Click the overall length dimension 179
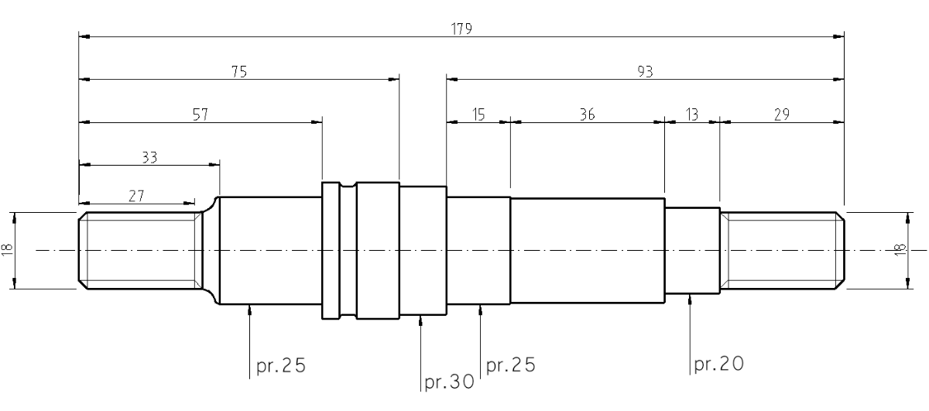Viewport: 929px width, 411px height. [x=461, y=29]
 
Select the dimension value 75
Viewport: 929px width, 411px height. [x=239, y=72]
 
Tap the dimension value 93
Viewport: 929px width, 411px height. [x=645, y=72]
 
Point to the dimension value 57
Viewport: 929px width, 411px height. [x=201, y=115]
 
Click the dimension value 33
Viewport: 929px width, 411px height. [x=149, y=158]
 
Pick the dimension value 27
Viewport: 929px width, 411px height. [x=136, y=196]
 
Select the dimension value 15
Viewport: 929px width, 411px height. [x=478, y=115]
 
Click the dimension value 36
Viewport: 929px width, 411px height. [x=588, y=115]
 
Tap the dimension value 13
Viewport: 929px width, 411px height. [x=692, y=115]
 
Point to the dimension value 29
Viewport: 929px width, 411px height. [x=782, y=115]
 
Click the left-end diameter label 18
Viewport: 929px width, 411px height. [x=7, y=250]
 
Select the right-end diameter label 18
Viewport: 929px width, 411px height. [x=900, y=250]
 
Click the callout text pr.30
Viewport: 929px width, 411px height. [x=449, y=382]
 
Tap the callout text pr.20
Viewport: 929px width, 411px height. [x=718, y=364]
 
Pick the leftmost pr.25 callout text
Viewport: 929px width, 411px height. [x=281, y=365]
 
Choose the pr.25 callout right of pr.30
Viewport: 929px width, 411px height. [x=510, y=365]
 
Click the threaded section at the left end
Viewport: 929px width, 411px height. [x=141, y=251]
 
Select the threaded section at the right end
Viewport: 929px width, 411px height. [x=782, y=251]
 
